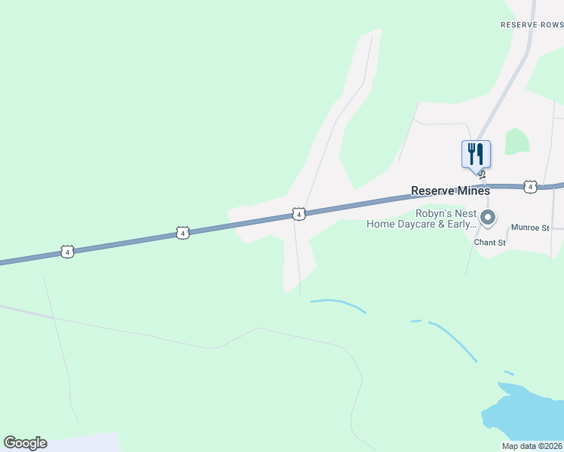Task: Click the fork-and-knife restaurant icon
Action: coord(476,154)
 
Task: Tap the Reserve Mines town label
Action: coord(450,191)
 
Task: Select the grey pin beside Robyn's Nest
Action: coord(488,218)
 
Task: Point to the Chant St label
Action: coord(489,243)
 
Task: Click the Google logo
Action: coord(25,443)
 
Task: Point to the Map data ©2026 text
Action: coord(532,446)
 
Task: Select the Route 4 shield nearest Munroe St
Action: coord(530,186)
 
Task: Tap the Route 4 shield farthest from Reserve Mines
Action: coord(68,252)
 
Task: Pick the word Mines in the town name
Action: coord(472,191)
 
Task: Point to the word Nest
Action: coord(463,213)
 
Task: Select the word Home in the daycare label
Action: coord(380,224)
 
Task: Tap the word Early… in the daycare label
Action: coord(462,224)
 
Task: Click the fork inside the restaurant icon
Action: coord(471,154)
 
